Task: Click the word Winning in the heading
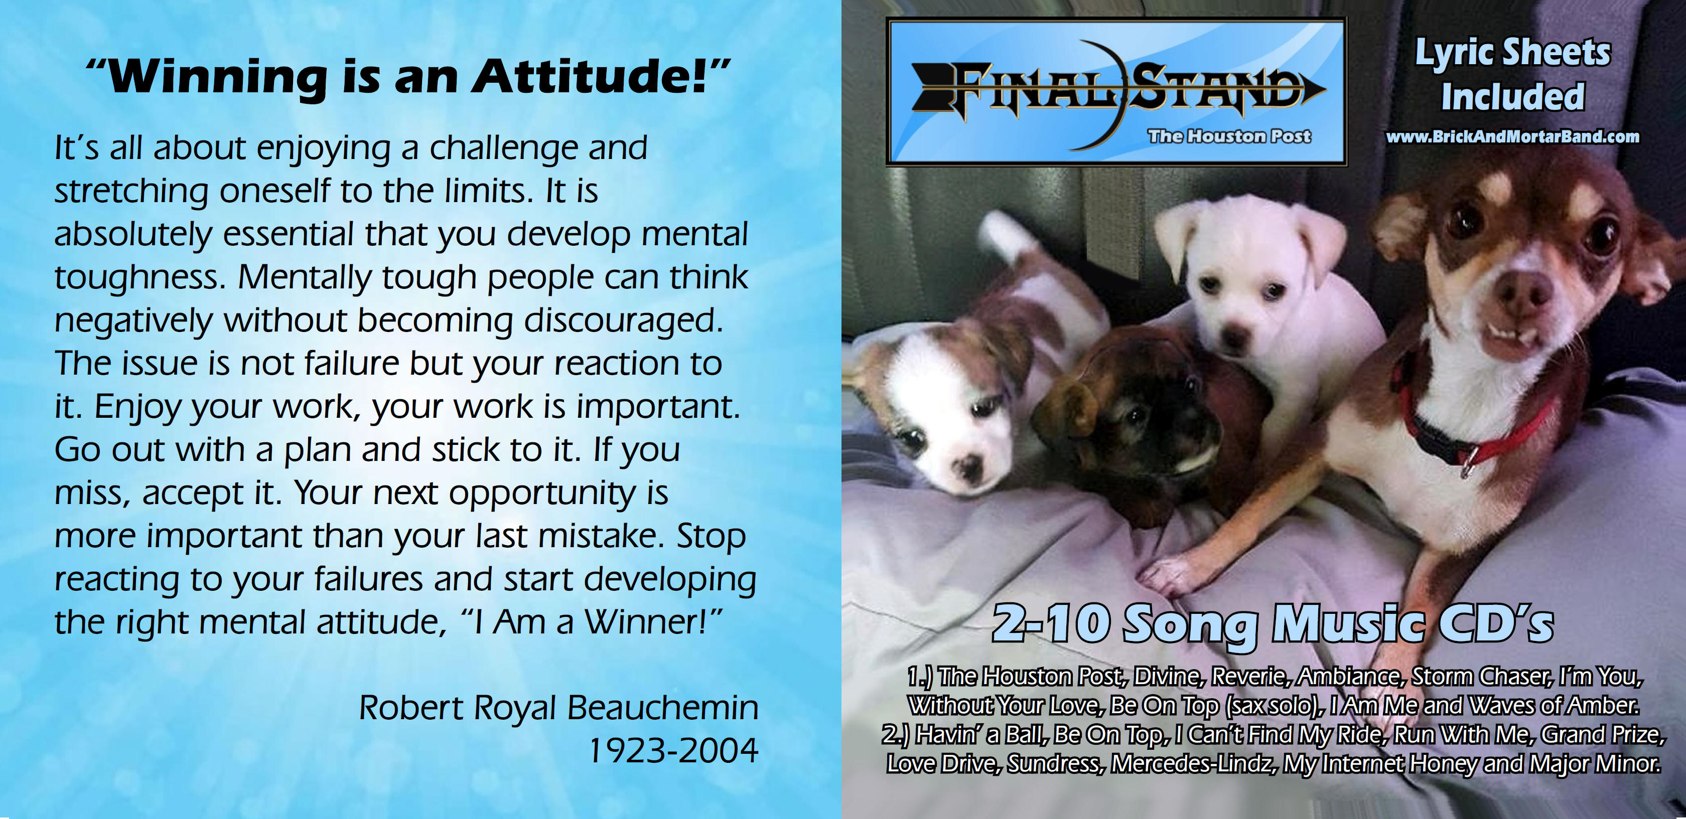point(217,78)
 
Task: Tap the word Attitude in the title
point(590,77)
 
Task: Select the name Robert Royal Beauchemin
point(559,709)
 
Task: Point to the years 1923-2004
point(673,750)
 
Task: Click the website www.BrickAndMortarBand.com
point(1512,137)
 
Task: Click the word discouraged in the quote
point(623,321)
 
